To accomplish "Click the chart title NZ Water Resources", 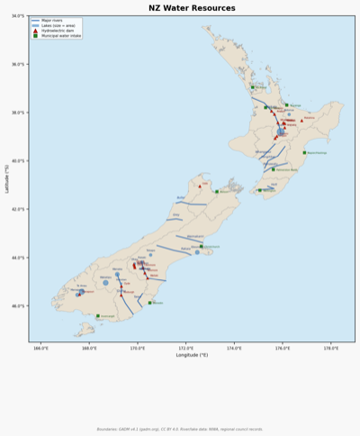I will [x=180, y=7].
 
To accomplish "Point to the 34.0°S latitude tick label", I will [x=18, y=16].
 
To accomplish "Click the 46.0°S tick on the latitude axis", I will [x=18, y=306].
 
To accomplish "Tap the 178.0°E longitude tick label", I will [x=330, y=347].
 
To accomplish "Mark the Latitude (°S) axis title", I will [x=6, y=178].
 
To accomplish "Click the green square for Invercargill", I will [x=98, y=316].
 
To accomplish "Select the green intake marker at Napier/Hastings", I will [x=304, y=152].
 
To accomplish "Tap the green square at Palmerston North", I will [x=274, y=169].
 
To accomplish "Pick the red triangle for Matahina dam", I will [x=301, y=119].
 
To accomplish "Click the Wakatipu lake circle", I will [x=105, y=283].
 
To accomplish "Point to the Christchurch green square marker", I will [x=202, y=246].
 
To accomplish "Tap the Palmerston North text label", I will [x=286, y=169].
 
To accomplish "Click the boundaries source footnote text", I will [x=180, y=429].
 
